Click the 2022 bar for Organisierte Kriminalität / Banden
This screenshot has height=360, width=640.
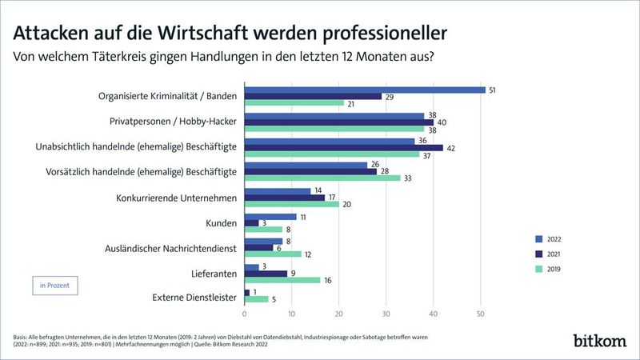click(x=364, y=89)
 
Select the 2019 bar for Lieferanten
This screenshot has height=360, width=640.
click(x=282, y=280)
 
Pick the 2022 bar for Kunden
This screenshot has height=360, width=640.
click(x=270, y=216)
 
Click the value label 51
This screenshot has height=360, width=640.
click(x=493, y=89)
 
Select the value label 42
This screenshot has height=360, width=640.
click(x=450, y=147)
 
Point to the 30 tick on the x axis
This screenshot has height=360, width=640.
click(x=386, y=313)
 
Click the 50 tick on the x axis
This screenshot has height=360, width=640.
click(x=480, y=313)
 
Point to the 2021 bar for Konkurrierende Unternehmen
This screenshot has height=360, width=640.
click(x=284, y=197)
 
